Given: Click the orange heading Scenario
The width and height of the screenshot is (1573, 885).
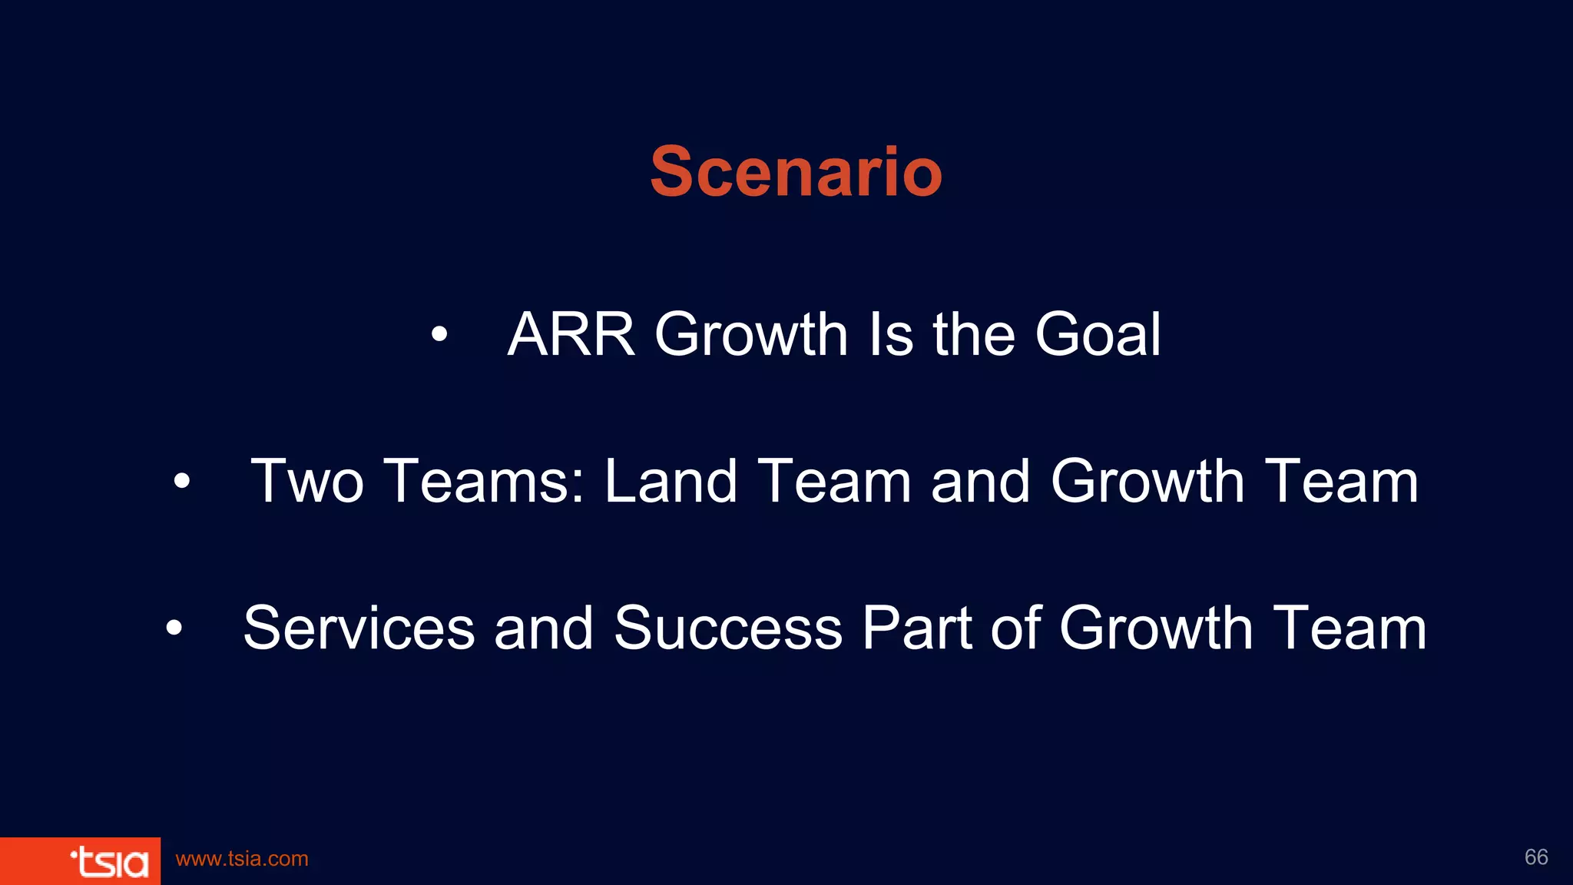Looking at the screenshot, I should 796,172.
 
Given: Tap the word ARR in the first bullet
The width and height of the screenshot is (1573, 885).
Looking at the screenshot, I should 571,335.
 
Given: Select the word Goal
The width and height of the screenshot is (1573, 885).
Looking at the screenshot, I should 1098,335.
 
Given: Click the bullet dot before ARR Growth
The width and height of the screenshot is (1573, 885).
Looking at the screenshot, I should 439,334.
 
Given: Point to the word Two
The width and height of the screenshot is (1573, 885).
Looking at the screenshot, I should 307,482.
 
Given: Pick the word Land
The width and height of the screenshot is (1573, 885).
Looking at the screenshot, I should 671,482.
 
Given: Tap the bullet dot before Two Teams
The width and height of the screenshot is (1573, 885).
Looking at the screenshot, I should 181,482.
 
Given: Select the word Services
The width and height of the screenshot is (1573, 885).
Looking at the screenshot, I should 359,628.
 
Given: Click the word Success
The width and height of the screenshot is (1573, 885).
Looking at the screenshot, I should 728,628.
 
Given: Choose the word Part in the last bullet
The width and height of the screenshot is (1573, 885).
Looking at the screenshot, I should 917,628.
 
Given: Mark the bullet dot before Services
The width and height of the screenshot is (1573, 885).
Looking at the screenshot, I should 174,628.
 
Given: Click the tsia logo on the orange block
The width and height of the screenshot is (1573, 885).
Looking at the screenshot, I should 109,862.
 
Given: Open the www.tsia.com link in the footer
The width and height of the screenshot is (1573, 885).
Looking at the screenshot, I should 242,859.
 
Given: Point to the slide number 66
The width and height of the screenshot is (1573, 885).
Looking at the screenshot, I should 1536,857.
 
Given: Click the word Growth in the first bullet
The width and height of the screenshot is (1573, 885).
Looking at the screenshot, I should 751,335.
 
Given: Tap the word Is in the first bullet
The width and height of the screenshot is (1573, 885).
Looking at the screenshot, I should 891,335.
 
